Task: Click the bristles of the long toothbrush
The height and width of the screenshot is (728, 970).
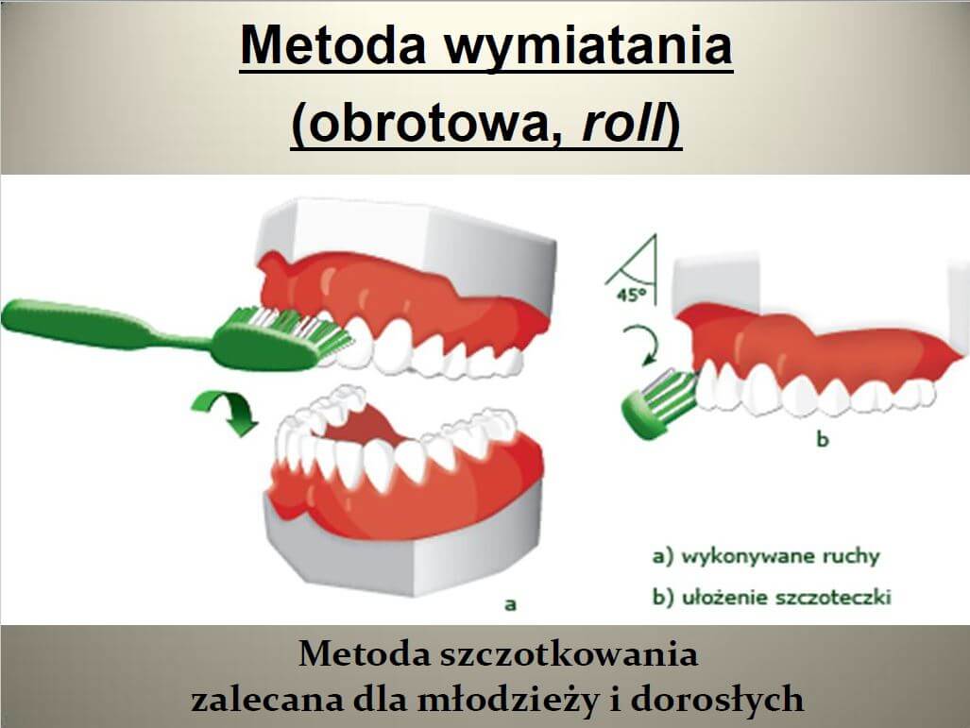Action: (x=297, y=328)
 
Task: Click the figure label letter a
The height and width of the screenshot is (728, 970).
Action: (x=510, y=603)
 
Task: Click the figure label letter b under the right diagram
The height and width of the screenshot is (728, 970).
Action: (x=822, y=439)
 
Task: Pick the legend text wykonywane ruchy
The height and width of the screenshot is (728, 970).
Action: (x=780, y=556)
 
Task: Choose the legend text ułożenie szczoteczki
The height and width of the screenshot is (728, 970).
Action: (x=786, y=597)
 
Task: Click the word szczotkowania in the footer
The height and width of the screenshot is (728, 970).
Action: (x=569, y=653)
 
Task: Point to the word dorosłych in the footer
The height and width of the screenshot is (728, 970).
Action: (x=717, y=699)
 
